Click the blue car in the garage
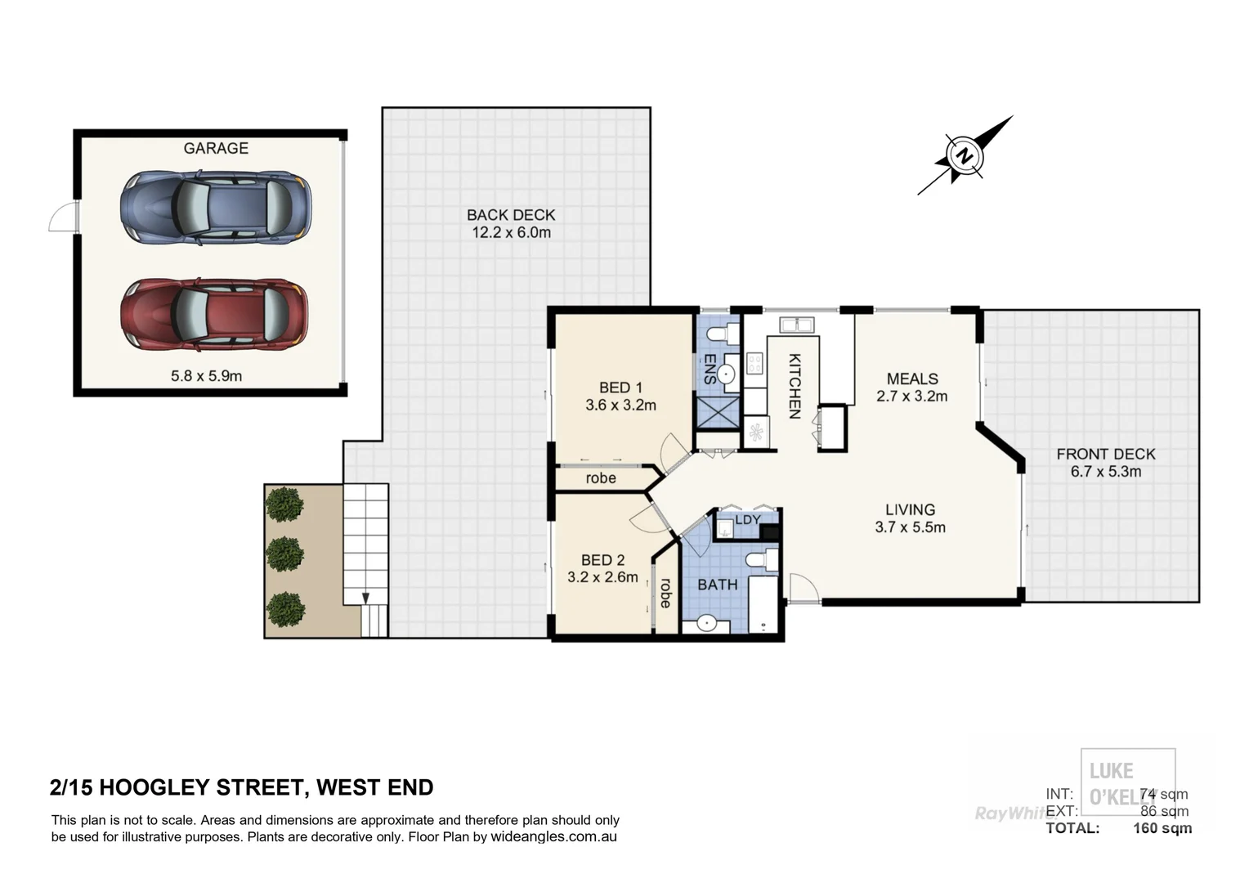(x=216, y=208)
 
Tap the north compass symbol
(x=965, y=155)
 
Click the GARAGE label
(x=216, y=148)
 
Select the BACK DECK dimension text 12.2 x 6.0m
(x=511, y=233)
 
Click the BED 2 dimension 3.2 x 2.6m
(x=602, y=577)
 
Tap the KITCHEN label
(x=794, y=386)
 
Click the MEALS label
(x=912, y=379)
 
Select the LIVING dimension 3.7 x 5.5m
(x=910, y=527)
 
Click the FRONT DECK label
(x=1105, y=454)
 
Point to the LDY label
(x=748, y=520)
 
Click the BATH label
(x=717, y=585)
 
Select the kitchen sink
(x=795, y=325)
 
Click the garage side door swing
(x=63, y=218)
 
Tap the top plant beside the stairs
(x=285, y=504)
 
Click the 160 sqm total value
(x=1162, y=828)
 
